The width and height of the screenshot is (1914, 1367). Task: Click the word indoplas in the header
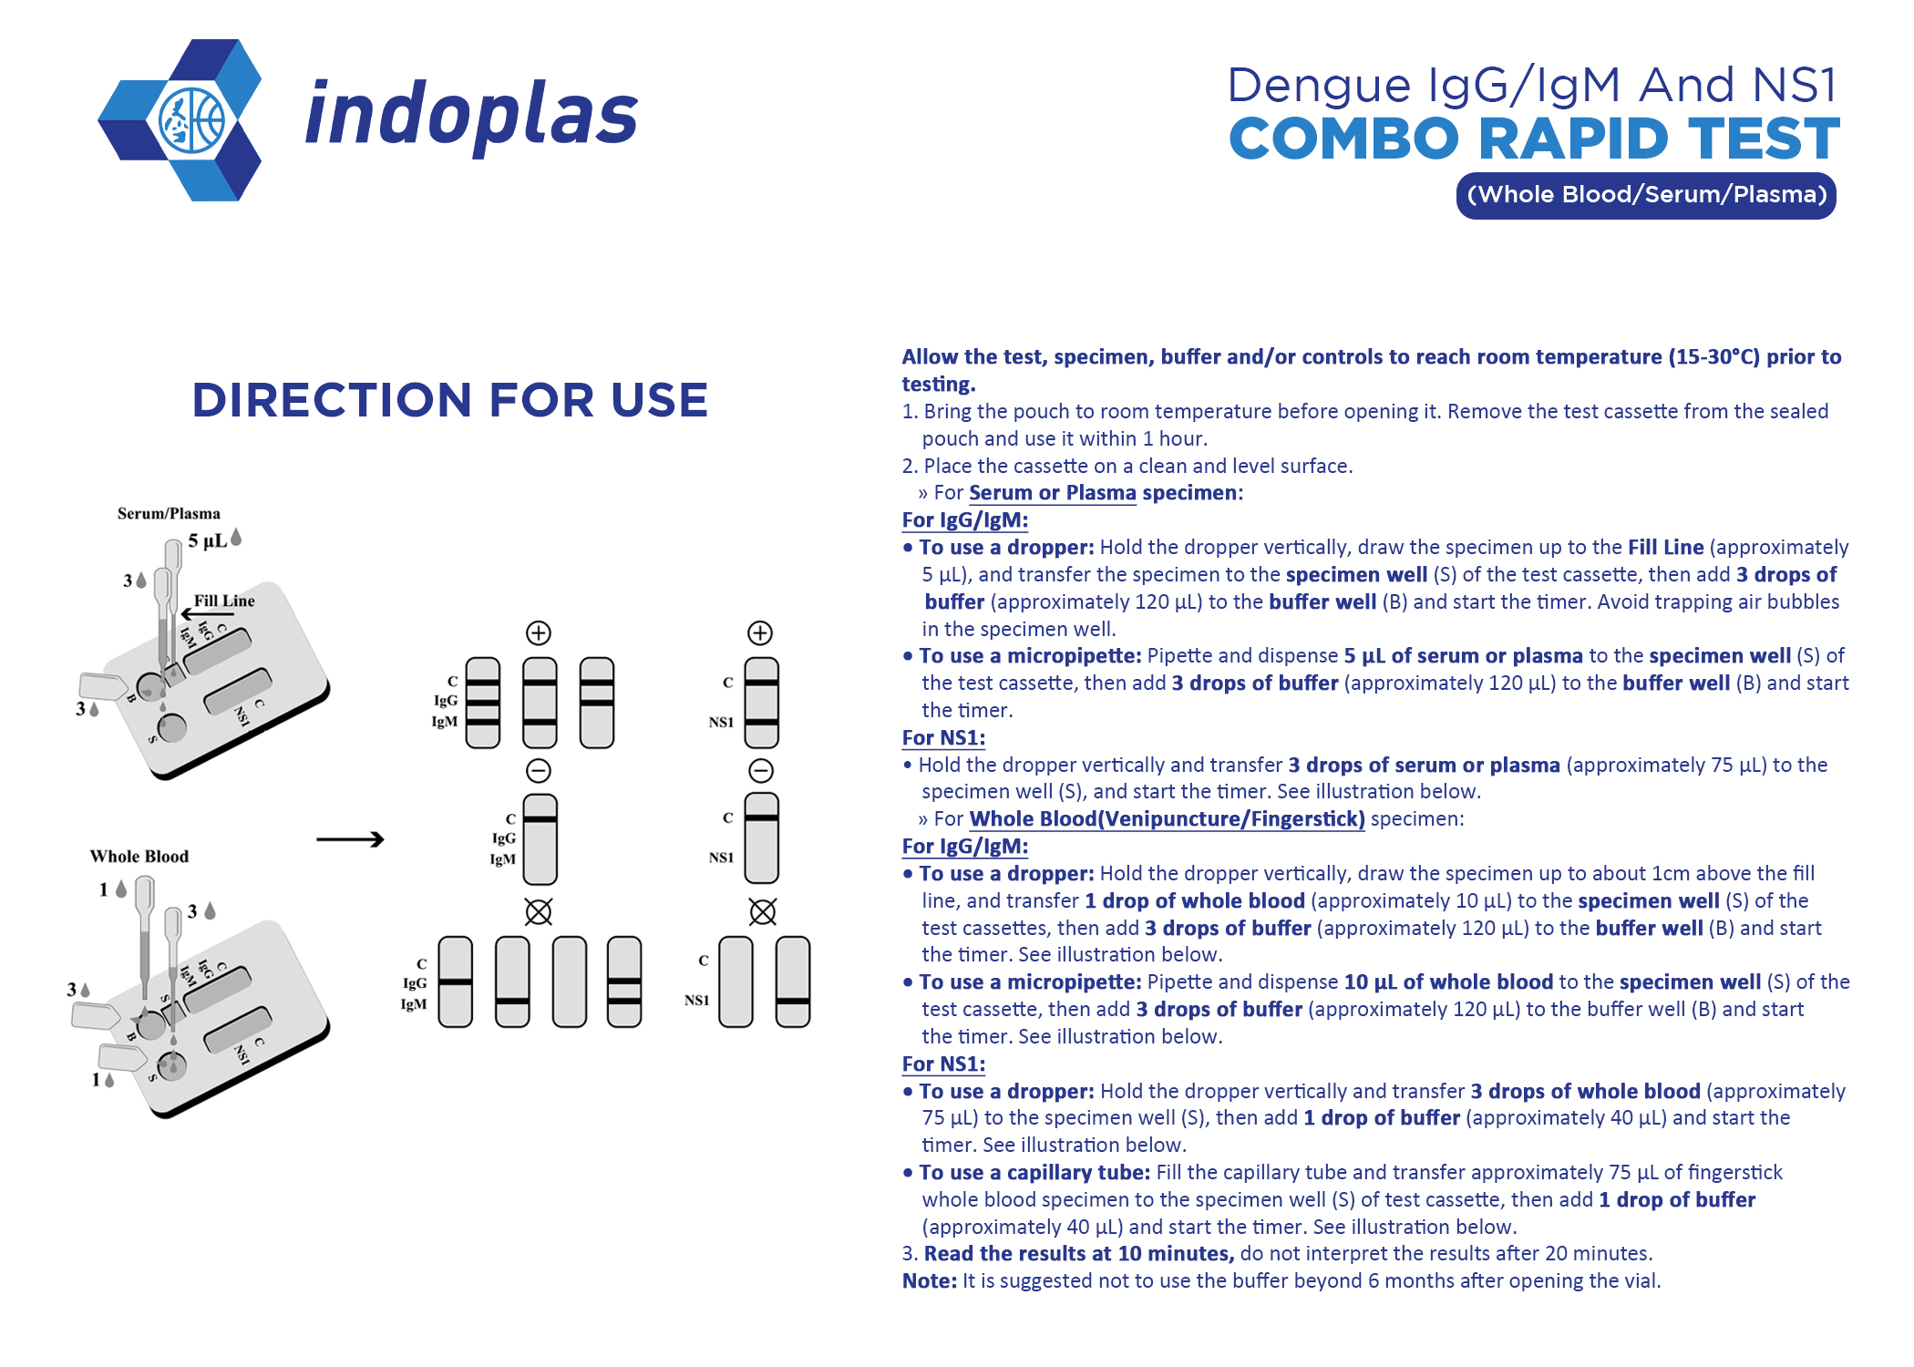coord(471,116)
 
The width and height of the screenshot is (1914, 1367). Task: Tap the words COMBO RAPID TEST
coord(1533,139)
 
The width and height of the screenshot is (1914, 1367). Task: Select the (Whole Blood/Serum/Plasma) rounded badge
coord(1645,195)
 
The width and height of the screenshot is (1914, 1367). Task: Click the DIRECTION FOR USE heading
coord(449,400)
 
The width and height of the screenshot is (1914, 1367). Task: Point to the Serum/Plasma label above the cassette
coord(169,513)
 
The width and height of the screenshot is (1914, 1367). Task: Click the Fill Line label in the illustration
coord(224,601)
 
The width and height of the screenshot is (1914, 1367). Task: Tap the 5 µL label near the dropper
coord(207,540)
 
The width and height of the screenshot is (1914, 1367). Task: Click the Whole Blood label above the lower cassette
coord(139,856)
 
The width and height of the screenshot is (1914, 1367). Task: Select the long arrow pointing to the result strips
coord(350,839)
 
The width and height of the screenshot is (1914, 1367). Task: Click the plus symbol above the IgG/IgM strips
coord(539,632)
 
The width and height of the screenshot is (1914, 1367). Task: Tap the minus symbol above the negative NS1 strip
coord(761,771)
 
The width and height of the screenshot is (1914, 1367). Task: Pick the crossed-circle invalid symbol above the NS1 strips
coord(762,911)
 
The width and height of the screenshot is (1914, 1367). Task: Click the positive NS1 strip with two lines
coord(761,702)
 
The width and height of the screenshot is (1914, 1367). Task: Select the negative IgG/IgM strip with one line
coord(540,838)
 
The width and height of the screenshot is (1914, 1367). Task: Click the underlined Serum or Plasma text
coord(1052,493)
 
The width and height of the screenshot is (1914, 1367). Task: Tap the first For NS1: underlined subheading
coord(943,737)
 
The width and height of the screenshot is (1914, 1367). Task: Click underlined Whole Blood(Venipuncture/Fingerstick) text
coord(1167,818)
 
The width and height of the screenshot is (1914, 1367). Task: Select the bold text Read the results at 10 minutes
coord(1078,1253)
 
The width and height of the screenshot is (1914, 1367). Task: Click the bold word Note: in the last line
coord(929,1280)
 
